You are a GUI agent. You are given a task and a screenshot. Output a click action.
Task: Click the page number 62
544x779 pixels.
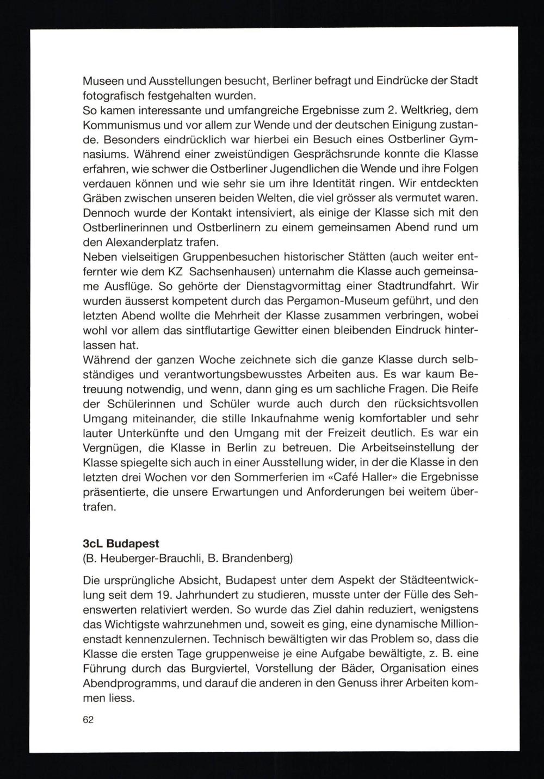click(88, 720)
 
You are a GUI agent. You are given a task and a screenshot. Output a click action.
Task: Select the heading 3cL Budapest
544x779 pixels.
click(121, 543)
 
